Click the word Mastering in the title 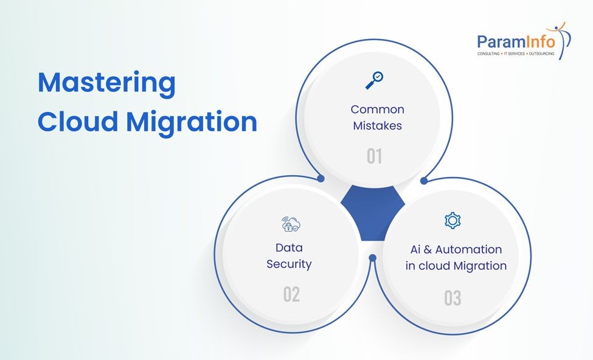(106, 83)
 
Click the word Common (377, 109)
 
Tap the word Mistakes (377, 126)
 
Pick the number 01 (374, 156)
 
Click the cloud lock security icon (290, 224)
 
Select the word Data (289, 247)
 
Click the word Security (289, 264)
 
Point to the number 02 (291, 295)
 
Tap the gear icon (453, 220)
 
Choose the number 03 (453, 298)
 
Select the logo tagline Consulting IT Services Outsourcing (516, 54)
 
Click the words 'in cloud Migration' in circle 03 (456, 266)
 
